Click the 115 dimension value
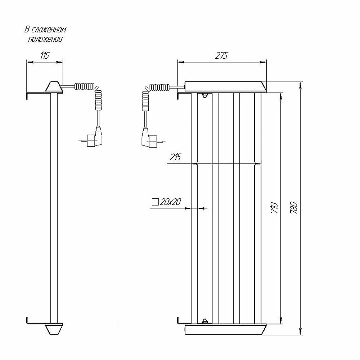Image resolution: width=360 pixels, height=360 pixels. pyautogui.click(x=45, y=55)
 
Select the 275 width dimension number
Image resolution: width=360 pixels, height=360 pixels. pyautogui.click(x=221, y=55)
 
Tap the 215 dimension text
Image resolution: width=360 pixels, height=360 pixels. pyautogui.click(x=175, y=157)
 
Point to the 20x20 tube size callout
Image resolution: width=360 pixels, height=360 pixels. pyautogui.click(x=167, y=202)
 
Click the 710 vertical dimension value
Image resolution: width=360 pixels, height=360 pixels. pyautogui.click(x=275, y=208)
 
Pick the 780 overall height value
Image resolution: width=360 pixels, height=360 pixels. pyautogui.click(x=294, y=208)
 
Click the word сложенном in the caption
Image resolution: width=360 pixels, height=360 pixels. pyautogui.click(x=49, y=30)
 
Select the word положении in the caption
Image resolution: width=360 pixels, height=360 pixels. pyautogui.click(x=45, y=39)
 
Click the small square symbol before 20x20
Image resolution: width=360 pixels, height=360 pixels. pyautogui.click(x=155, y=202)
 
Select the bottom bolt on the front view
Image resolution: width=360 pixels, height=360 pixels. pyautogui.click(x=205, y=321)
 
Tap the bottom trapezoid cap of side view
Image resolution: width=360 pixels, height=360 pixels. pyautogui.click(x=54, y=329)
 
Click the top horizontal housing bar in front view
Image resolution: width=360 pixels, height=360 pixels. pyautogui.click(x=226, y=87)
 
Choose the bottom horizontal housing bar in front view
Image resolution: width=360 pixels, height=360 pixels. pyautogui.click(x=226, y=329)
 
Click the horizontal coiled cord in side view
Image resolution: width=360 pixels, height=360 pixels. pyautogui.click(x=85, y=86)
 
